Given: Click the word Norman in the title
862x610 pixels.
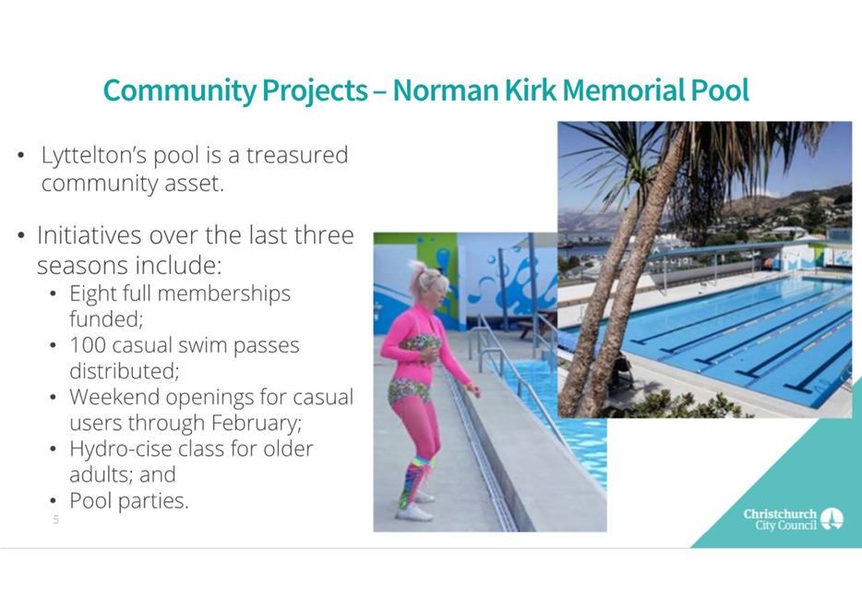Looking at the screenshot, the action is pyautogui.click(x=445, y=90).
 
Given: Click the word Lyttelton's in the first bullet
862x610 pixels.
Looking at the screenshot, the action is pyautogui.click(x=94, y=156).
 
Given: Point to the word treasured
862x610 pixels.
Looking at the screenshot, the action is pyautogui.click(x=297, y=155).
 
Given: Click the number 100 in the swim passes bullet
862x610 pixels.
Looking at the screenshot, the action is pyautogui.click(x=88, y=345).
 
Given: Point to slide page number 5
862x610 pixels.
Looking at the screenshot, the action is pyautogui.click(x=55, y=520).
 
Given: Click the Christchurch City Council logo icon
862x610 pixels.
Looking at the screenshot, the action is pyautogui.click(x=832, y=519).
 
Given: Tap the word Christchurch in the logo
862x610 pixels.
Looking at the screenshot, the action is pyautogui.click(x=780, y=514).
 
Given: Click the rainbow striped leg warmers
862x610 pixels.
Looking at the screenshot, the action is pyautogui.click(x=414, y=477).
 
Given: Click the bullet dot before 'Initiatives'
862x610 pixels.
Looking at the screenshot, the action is pyautogui.click(x=21, y=235).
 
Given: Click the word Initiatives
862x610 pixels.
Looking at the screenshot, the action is pyautogui.click(x=88, y=235).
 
